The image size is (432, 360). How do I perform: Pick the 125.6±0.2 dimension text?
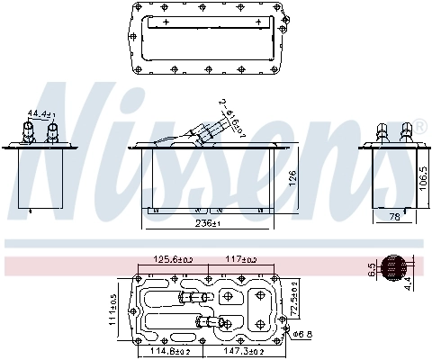[173, 260]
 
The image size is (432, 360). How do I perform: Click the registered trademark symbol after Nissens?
[419, 127]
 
